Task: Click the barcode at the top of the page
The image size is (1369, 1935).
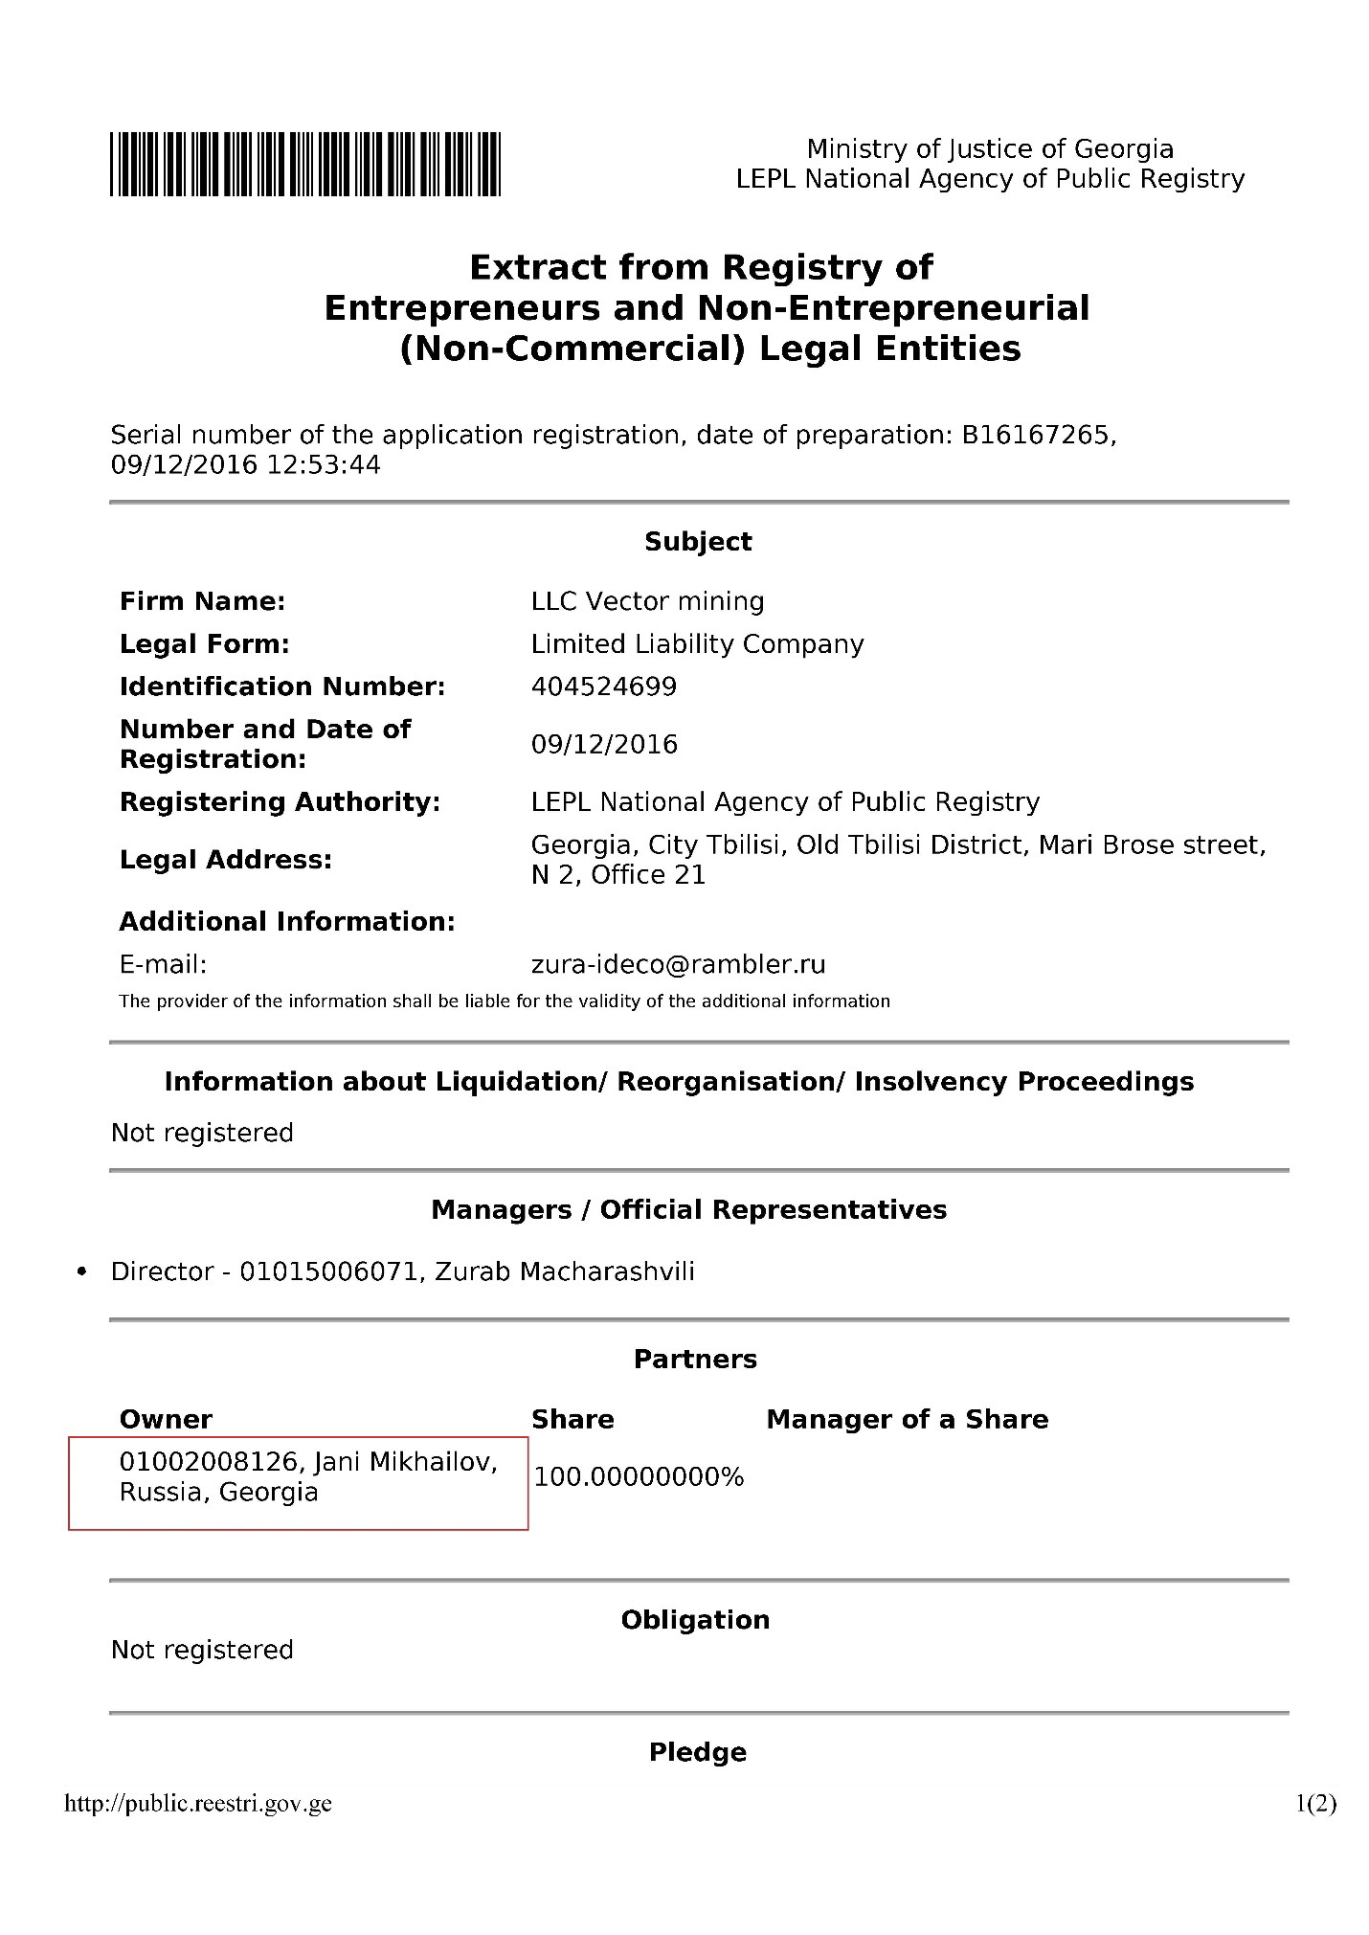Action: (304, 165)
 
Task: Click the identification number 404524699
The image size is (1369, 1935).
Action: (603, 686)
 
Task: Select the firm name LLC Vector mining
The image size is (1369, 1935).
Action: (647, 601)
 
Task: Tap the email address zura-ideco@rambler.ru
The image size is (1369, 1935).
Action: (678, 964)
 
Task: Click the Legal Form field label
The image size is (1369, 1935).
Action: (204, 644)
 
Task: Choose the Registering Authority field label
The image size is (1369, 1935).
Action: (280, 802)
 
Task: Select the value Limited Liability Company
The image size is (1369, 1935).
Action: (697, 644)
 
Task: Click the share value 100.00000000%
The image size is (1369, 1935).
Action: (639, 1477)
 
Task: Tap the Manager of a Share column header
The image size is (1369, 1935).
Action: (907, 1419)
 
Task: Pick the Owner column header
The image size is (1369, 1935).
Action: (166, 1419)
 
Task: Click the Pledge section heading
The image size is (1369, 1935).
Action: (697, 1752)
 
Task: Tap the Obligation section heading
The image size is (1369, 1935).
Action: (695, 1620)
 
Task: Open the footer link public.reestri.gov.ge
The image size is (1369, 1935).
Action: (198, 1804)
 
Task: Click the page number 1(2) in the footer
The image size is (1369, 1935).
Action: (1315, 1804)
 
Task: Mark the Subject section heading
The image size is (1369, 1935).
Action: (698, 542)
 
